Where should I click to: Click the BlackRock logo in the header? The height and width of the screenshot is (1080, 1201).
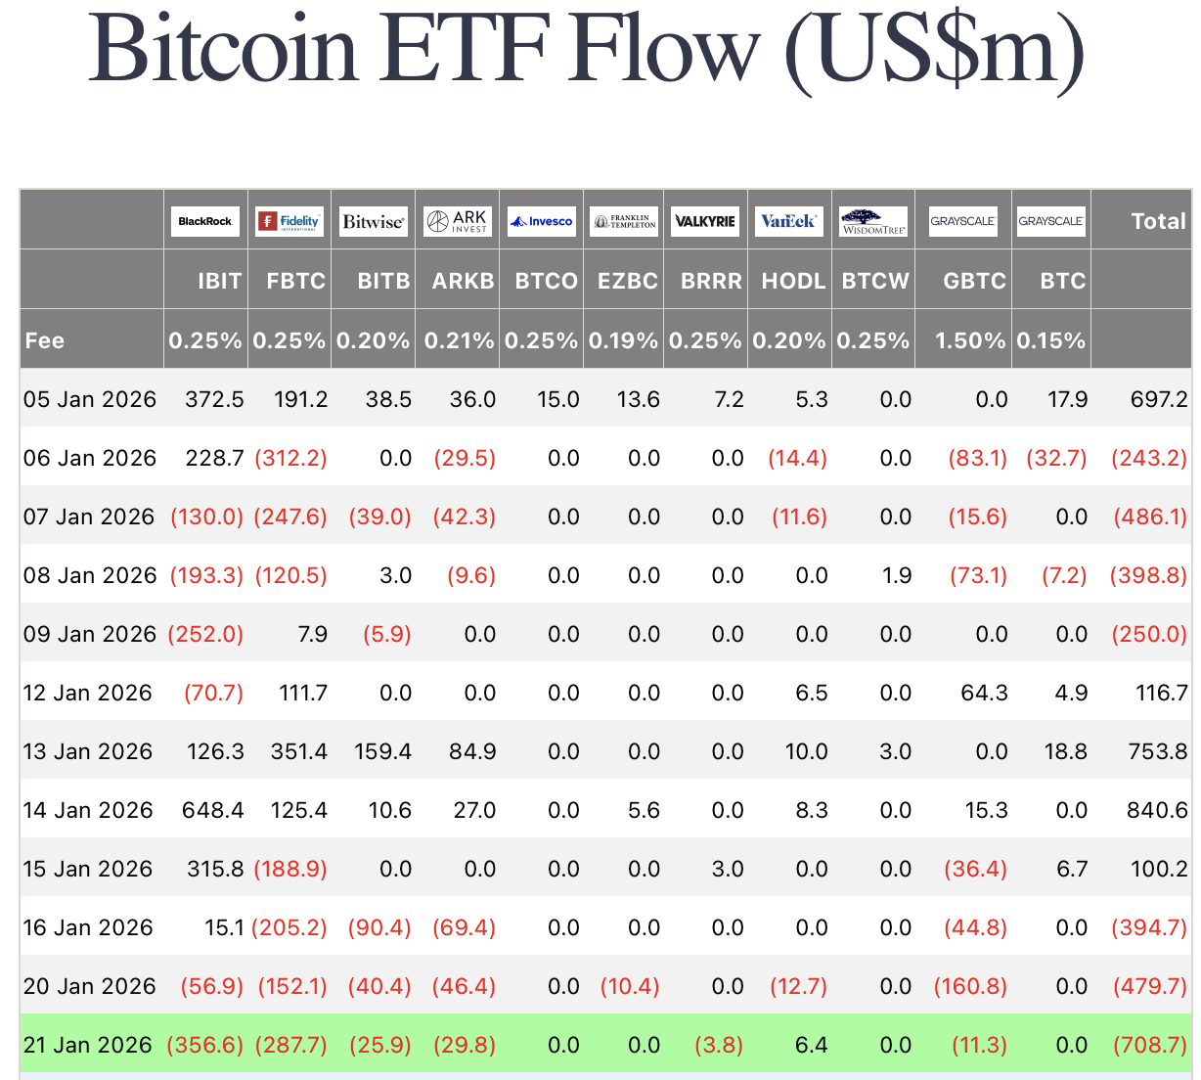(205, 221)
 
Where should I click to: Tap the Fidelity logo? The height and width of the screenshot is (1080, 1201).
(289, 221)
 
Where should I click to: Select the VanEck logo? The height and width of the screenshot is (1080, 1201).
(788, 221)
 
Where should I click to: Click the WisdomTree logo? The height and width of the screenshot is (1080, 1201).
(873, 222)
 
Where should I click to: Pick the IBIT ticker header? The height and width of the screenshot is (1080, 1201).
(219, 281)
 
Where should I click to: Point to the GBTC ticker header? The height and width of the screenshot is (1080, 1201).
(974, 281)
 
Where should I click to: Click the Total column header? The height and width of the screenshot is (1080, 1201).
(1158, 221)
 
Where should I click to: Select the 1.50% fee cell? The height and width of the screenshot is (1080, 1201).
(970, 340)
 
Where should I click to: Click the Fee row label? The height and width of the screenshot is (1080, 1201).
(45, 340)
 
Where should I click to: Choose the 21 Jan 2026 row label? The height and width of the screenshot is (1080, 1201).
(88, 1045)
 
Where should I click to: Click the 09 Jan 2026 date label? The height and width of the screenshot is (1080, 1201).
(89, 634)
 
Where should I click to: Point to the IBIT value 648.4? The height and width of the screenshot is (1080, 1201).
(212, 810)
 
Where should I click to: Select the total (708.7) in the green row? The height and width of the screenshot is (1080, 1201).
(1150, 1045)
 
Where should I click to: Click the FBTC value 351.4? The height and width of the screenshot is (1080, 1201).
(299, 751)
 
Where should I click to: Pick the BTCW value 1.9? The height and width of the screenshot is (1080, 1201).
(897, 575)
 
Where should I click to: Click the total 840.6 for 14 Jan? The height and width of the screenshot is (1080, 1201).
(1157, 810)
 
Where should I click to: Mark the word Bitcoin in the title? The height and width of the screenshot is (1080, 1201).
(224, 49)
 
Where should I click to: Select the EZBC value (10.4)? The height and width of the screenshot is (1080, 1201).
(630, 986)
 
